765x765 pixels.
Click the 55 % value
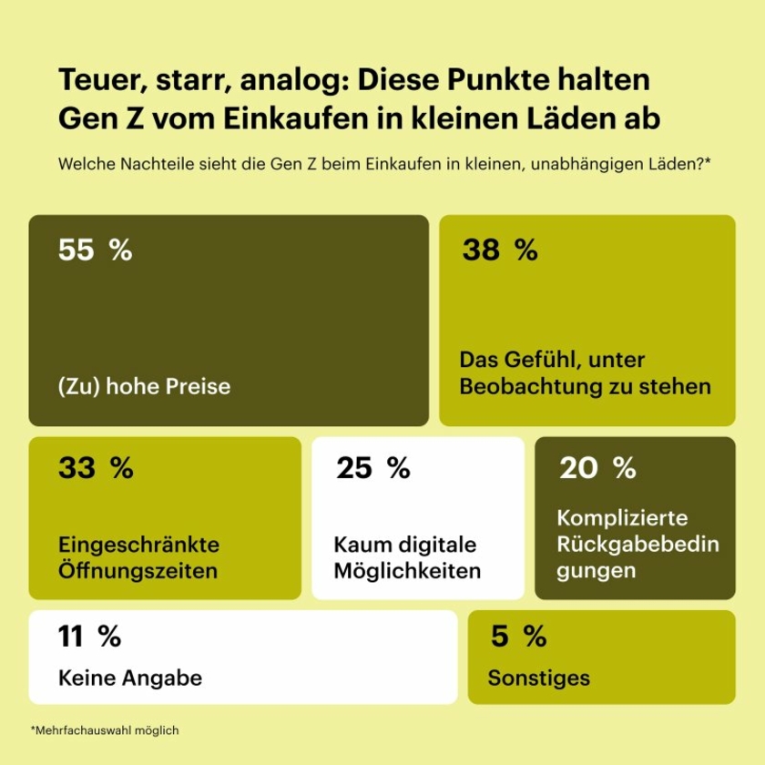(x=95, y=250)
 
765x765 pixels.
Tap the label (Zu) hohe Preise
(x=144, y=386)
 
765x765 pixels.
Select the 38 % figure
(x=499, y=250)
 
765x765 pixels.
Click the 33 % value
(x=95, y=468)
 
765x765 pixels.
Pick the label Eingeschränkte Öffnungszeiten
(x=138, y=558)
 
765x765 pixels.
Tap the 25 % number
(x=372, y=468)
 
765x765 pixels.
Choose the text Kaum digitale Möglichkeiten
(x=406, y=558)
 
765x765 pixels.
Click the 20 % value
(x=597, y=468)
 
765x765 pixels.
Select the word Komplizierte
(x=622, y=518)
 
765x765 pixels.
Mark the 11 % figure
(x=89, y=637)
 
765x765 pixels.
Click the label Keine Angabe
(x=129, y=678)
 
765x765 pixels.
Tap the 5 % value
(x=517, y=637)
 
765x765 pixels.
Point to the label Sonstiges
(x=538, y=678)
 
